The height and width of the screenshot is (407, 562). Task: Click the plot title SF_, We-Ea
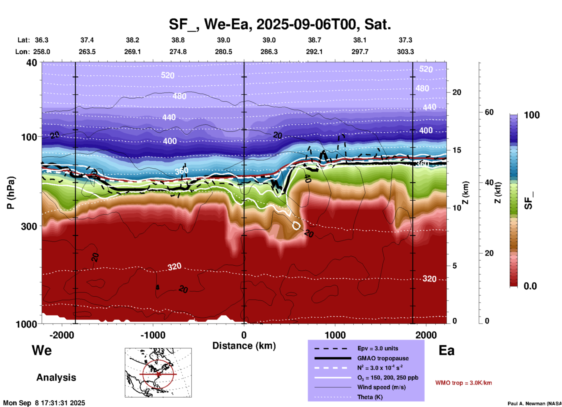pos(280,24)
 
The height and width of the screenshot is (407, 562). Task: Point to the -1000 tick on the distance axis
pos(153,335)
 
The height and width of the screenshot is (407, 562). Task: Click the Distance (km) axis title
pos(244,346)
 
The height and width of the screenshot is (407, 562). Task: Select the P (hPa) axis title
pos(11,193)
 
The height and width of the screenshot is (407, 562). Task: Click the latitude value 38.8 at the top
pos(178,40)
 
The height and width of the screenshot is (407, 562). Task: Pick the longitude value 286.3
pos(269,52)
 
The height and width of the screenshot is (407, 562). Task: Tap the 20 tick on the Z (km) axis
pos(457,92)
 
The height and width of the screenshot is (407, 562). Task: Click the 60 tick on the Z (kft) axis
pos(489,112)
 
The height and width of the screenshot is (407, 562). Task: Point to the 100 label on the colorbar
pos(532,115)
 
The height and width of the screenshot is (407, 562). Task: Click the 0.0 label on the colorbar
pos(530,286)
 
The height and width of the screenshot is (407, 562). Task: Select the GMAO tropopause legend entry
pos(383,358)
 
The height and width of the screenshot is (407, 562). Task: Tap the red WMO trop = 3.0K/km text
pos(463,383)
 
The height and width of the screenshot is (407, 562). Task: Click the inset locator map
pos(158,373)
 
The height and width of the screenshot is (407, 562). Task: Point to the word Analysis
pos(56,378)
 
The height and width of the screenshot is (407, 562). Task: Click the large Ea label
pos(446,350)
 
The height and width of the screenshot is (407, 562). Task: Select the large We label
pos(42,350)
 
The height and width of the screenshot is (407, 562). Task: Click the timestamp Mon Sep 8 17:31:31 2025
pos(44,403)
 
